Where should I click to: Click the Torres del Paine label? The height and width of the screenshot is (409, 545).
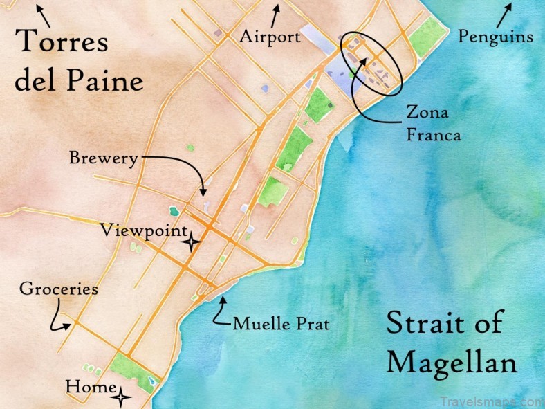click(79, 62)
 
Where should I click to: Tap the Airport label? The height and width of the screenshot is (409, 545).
click(270, 37)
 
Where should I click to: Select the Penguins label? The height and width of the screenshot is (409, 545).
click(495, 36)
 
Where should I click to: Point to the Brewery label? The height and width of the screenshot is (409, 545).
click(103, 158)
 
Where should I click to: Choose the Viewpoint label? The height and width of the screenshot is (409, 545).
click(143, 230)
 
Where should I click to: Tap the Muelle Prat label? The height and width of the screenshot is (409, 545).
click(281, 323)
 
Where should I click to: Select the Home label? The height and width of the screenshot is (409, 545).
click(90, 387)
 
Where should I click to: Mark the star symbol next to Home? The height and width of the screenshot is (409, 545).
click(122, 397)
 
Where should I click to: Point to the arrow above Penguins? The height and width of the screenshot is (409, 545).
click(504, 14)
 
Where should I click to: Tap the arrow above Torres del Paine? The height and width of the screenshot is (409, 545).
click(42, 13)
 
